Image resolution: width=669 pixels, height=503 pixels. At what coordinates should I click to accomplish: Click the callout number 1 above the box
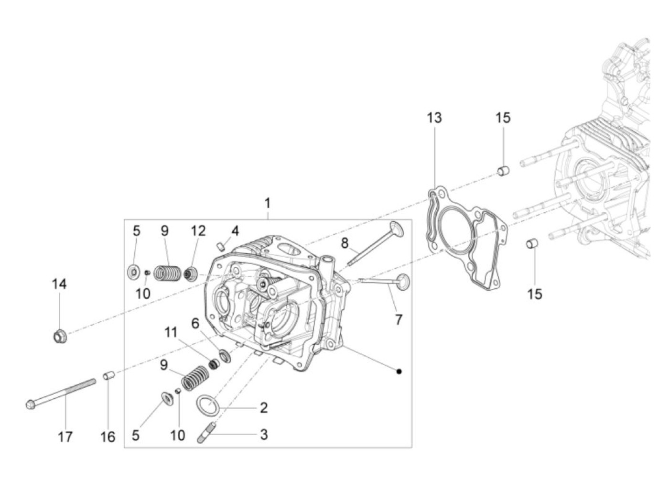click(x=268, y=203)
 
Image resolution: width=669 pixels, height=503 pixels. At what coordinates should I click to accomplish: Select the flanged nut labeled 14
click(x=60, y=337)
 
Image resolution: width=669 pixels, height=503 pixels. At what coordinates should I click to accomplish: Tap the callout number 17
click(x=65, y=437)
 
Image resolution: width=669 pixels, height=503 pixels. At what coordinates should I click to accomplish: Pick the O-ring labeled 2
click(x=208, y=405)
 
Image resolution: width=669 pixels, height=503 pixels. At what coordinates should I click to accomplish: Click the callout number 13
click(x=434, y=118)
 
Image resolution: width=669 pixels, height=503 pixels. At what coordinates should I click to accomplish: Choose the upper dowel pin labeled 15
click(x=502, y=170)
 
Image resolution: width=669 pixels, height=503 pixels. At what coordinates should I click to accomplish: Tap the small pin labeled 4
click(x=220, y=246)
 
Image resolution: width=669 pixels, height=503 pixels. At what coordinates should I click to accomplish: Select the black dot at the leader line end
click(x=399, y=372)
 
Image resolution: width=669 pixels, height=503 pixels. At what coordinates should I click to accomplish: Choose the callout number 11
click(x=171, y=332)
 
